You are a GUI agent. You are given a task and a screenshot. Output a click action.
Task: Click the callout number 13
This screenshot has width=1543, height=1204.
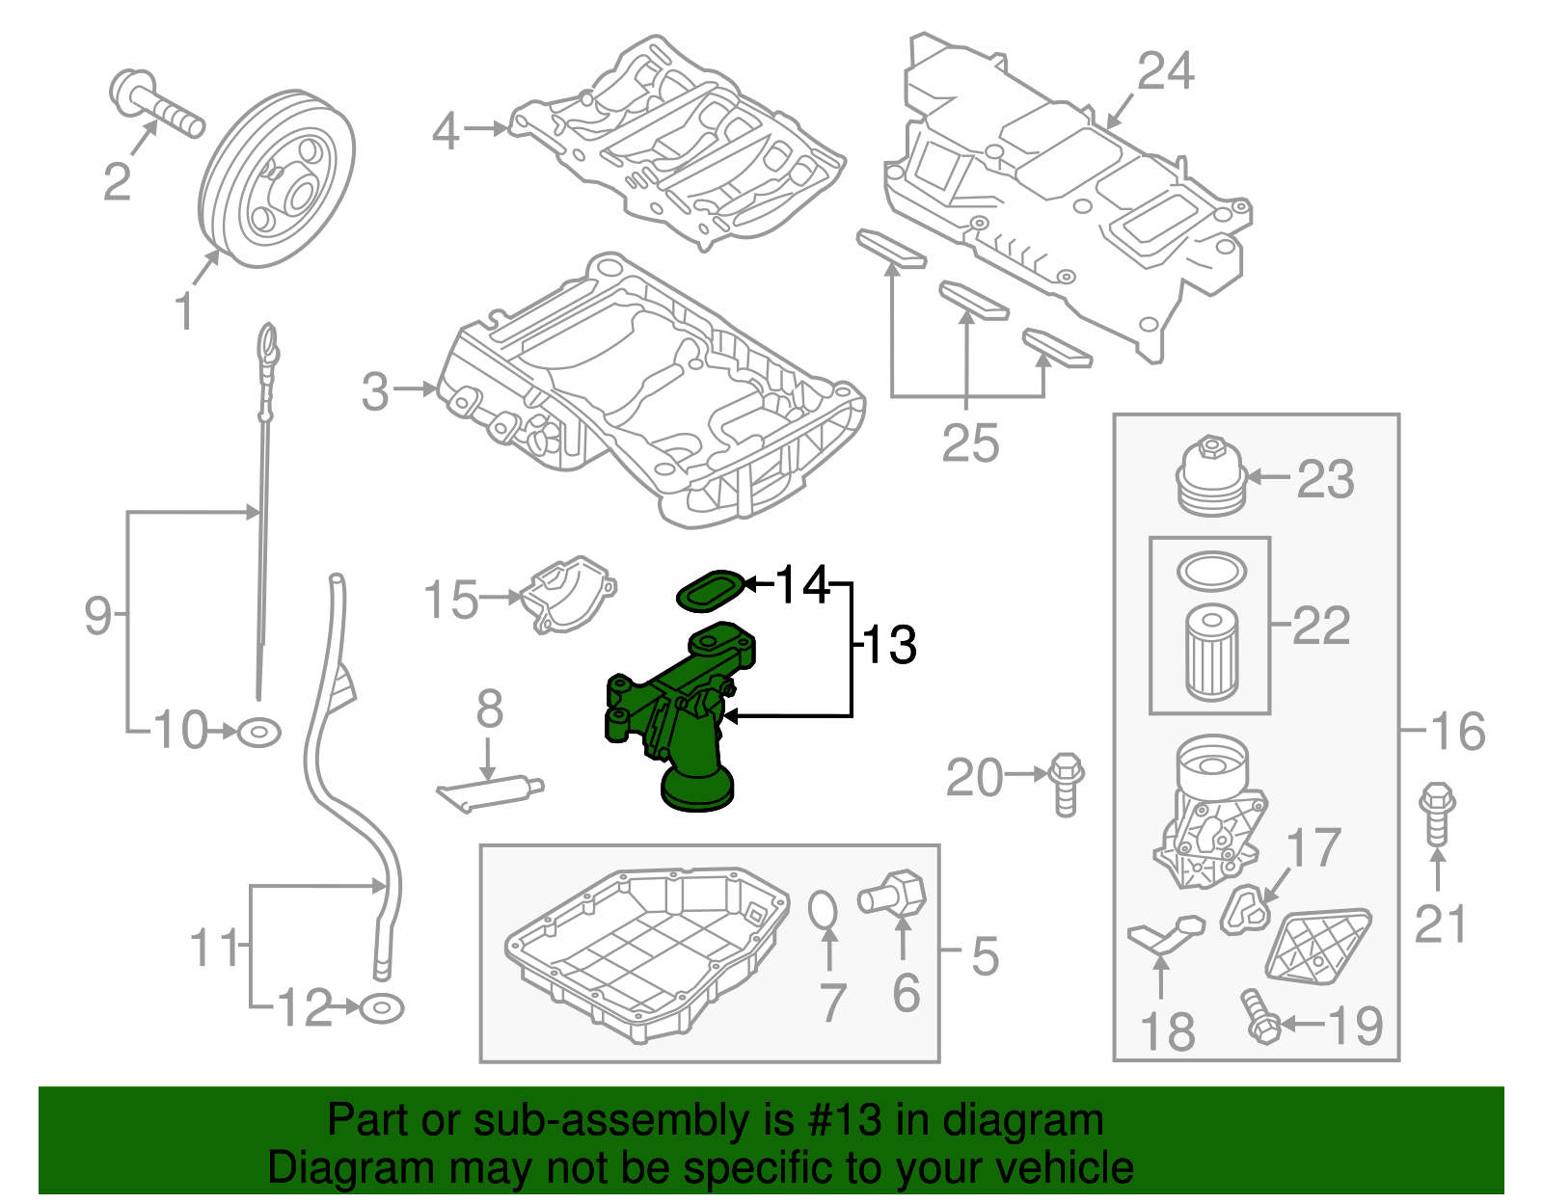click(x=889, y=645)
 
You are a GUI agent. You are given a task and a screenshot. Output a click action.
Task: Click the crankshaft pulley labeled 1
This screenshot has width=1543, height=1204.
click(x=277, y=179)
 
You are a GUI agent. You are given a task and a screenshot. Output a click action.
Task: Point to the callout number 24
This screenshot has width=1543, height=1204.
click(x=1165, y=72)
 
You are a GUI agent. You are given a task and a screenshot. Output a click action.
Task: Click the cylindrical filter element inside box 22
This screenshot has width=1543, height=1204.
click(x=1211, y=651)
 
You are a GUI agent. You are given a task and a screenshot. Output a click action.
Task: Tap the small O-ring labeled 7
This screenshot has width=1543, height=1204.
click(x=823, y=910)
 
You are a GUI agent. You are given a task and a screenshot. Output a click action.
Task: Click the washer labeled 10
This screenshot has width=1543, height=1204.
click(x=258, y=733)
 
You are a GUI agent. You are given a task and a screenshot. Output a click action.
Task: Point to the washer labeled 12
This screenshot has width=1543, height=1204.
click(x=381, y=1009)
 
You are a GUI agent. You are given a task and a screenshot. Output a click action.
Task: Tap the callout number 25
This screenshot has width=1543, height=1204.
click(x=970, y=443)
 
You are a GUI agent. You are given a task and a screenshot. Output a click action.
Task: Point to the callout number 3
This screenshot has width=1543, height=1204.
click(x=375, y=391)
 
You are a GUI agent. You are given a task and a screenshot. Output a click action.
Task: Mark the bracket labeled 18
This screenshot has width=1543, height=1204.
click(x=1166, y=935)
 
